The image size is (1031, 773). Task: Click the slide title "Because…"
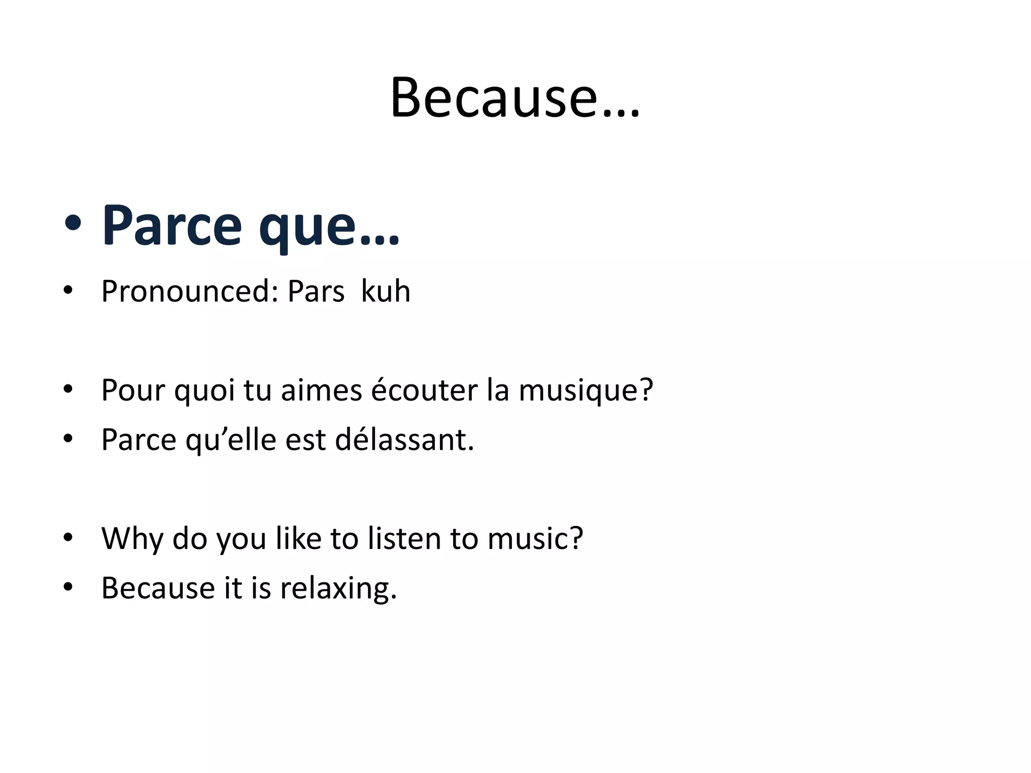(514, 98)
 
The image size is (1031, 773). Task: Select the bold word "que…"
(329, 226)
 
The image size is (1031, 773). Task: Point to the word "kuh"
(386, 291)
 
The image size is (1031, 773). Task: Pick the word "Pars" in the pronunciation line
(316, 291)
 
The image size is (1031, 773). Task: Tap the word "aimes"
(321, 390)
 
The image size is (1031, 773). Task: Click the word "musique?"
(586, 391)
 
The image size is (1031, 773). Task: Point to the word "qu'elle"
(231, 440)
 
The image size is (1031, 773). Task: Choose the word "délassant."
(405, 439)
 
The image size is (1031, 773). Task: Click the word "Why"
(132, 539)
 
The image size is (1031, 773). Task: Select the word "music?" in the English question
(535, 538)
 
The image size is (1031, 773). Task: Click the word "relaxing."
(339, 588)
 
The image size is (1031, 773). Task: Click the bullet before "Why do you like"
(68, 537)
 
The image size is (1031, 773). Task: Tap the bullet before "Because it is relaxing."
(68, 587)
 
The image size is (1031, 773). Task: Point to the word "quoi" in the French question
(204, 391)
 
